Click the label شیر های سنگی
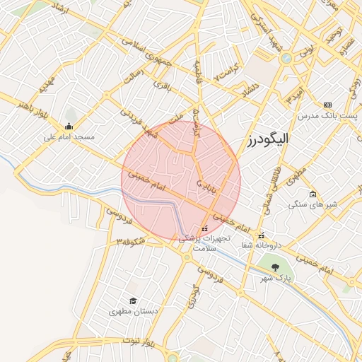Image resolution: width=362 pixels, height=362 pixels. [313, 204]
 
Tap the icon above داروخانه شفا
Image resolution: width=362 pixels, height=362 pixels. [261, 235]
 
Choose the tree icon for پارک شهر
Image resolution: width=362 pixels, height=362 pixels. [275, 267]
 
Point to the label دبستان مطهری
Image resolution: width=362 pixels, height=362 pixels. [132, 311]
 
